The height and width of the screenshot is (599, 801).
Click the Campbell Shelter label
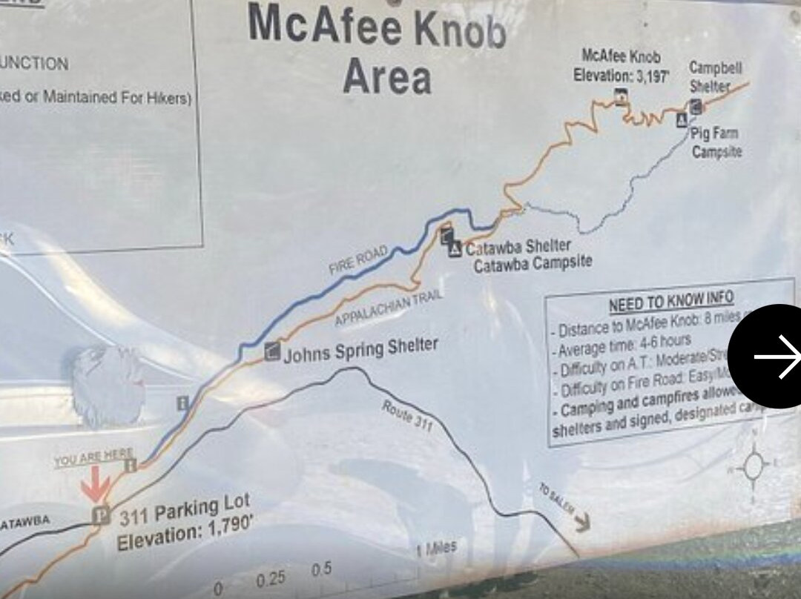(x=715, y=76)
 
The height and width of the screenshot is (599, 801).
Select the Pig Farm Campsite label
(x=715, y=142)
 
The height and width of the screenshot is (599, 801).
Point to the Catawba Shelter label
(x=518, y=247)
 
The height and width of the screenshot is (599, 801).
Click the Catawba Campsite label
(x=533, y=263)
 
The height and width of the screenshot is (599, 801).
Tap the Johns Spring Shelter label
(x=360, y=348)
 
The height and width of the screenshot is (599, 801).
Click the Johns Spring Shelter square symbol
(x=272, y=351)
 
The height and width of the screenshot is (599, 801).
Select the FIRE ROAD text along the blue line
(x=359, y=261)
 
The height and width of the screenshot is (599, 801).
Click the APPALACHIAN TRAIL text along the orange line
(x=389, y=308)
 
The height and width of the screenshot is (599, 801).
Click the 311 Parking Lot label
(x=184, y=512)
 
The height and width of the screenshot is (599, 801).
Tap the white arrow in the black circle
(x=774, y=357)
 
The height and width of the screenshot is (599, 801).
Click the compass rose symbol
(x=754, y=466)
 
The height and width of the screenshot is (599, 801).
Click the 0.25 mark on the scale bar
(x=271, y=579)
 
